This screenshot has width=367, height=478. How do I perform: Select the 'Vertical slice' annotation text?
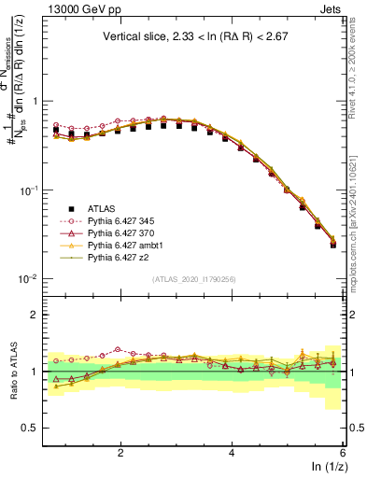196,37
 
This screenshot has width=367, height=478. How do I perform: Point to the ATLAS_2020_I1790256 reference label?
194,280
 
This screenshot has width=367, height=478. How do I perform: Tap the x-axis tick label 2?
120,452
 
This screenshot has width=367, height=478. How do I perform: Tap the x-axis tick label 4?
232,452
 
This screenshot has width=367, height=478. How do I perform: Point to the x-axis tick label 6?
342,452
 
